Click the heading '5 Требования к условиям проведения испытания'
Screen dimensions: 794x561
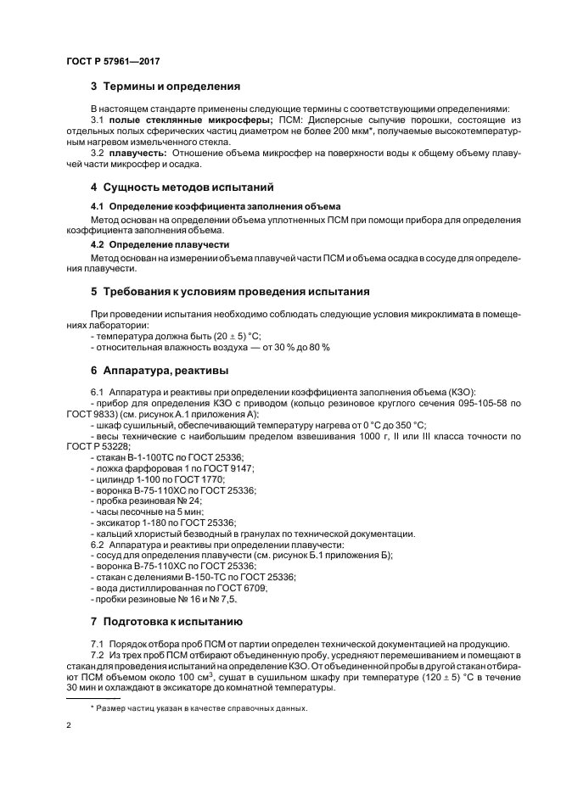pos(230,292)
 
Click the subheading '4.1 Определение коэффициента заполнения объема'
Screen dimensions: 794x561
pos(216,206)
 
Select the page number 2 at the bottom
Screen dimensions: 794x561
pos(69,727)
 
